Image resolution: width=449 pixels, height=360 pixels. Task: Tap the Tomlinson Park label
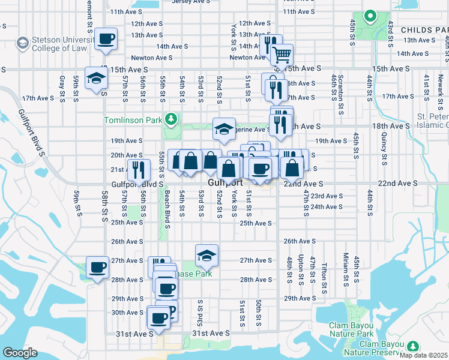coord(133,120)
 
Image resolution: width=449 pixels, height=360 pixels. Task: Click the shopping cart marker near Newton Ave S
coord(282,56)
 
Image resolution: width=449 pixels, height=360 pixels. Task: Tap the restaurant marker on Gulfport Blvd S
coord(138,171)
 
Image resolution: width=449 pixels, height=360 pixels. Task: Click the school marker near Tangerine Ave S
coord(223,130)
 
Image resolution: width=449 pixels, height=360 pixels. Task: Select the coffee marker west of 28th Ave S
coord(97,268)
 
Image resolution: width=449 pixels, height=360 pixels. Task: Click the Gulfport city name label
coord(225,182)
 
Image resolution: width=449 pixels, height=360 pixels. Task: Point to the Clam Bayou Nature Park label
coord(351,329)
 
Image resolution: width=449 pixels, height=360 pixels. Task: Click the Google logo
coord(20,353)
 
